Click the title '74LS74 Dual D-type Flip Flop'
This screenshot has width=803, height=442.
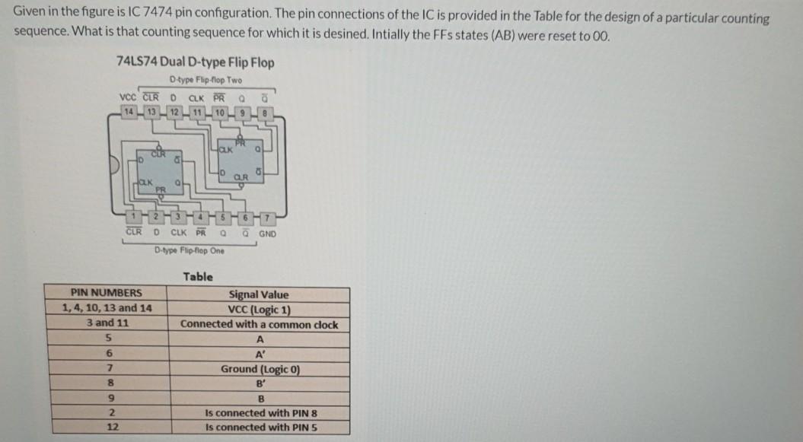point(196,62)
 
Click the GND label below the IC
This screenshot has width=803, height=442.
point(267,234)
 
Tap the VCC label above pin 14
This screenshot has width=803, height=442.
point(129,97)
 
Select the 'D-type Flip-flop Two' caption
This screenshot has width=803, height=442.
point(206,80)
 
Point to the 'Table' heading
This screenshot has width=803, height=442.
point(198,277)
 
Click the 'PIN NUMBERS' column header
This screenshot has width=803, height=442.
point(106,294)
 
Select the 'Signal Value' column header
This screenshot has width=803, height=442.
point(259,294)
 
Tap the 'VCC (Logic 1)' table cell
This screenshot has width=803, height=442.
point(259,309)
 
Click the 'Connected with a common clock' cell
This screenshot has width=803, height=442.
point(259,324)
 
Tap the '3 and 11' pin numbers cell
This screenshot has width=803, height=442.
point(107,323)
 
